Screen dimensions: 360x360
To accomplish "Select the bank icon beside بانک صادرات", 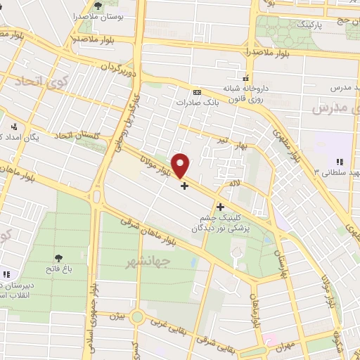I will [x=197, y=92].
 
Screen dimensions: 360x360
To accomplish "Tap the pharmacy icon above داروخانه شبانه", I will [x=245, y=78].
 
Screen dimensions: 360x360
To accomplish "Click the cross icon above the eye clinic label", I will [x=221, y=207].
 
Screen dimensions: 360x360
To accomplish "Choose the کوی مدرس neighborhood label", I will [x=330, y=109].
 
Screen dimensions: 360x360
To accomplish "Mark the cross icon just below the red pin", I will [x=184, y=186].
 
